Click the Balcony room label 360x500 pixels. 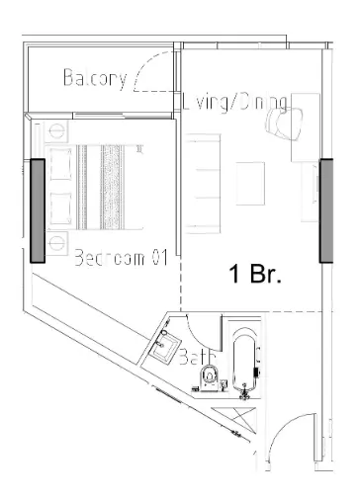95,78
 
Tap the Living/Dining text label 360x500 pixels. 235,102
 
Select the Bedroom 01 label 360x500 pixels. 118,258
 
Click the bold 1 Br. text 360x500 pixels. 256,276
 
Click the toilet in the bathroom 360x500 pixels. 209,376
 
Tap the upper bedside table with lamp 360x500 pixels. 55,129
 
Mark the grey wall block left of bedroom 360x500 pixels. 38,209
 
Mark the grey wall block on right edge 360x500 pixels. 325,209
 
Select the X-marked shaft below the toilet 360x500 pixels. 237,416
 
